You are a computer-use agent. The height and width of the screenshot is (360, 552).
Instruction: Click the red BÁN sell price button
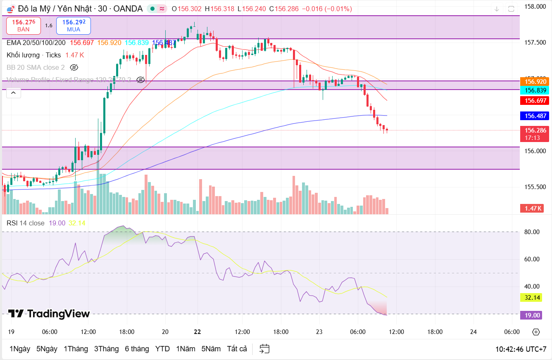[x=24, y=26]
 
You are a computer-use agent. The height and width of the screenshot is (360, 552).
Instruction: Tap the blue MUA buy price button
[x=74, y=26]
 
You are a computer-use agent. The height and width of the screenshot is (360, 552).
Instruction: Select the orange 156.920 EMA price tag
[x=535, y=81]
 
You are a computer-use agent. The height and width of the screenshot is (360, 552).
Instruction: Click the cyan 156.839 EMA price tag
[x=535, y=90]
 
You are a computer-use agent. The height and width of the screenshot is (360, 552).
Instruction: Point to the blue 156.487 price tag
[x=535, y=116]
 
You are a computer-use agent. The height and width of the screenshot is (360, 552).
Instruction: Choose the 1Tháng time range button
[x=76, y=349]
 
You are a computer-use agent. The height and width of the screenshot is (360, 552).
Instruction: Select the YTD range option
[x=162, y=349]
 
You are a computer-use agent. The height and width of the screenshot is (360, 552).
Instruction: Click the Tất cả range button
[x=237, y=349]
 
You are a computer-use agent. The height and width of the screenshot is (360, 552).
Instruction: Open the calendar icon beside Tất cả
[x=265, y=349]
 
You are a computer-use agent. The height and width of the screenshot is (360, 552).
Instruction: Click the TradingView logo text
[x=49, y=314]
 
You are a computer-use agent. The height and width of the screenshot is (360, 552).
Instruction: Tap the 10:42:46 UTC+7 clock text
[x=521, y=349]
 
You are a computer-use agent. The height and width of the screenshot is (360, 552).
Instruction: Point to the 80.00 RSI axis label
[x=532, y=232]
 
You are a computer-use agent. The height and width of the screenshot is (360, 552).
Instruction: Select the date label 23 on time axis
[x=319, y=332]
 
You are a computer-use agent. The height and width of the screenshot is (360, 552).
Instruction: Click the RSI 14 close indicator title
[x=26, y=223]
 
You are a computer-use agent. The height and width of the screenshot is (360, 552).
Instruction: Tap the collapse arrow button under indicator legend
[x=13, y=93]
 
